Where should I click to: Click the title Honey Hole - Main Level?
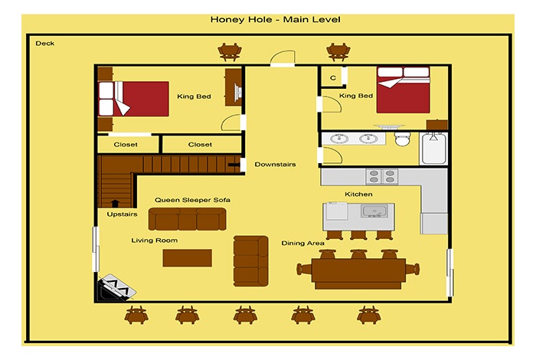275,19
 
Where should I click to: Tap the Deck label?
44,44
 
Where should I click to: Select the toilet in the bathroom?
402,138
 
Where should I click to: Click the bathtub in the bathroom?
434,149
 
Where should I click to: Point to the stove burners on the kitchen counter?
382,176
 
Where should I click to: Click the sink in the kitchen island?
374,211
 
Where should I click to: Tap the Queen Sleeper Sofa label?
192,200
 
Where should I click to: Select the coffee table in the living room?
188,258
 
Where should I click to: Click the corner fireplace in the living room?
116,288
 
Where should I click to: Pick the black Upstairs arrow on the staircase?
115,204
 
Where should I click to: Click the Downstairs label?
275,165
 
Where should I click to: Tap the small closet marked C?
333,77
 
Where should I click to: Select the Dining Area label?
303,244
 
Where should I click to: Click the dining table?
358,273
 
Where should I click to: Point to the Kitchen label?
358,195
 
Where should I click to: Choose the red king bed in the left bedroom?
134,99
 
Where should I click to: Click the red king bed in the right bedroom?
404,90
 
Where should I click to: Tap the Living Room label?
155,241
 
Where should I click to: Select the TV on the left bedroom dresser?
238,93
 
